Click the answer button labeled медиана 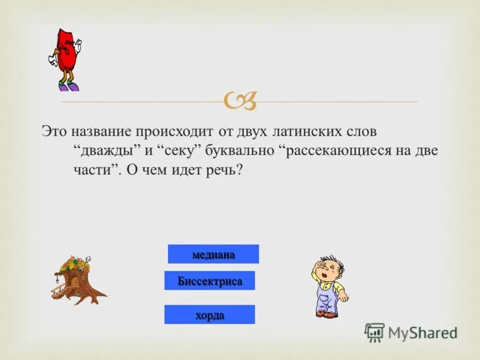pyautogui.click(x=213, y=254)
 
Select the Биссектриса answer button pyautogui.click(x=209, y=281)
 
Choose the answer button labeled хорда pyautogui.click(x=209, y=314)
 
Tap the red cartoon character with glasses pyautogui.click(x=64, y=54)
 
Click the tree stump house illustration pyautogui.click(x=76, y=280)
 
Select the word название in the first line pyautogui.click(x=100, y=130)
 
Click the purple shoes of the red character pyautogui.click(x=68, y=86)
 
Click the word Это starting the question pyautogui.click(x=53, y=130)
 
